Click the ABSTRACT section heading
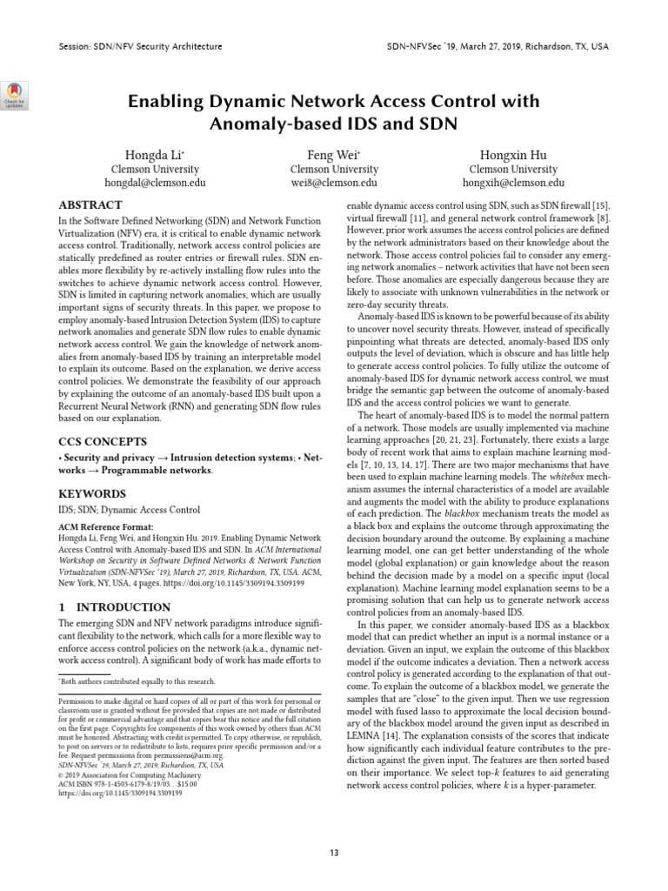click(90, 204)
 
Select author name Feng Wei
click(333, 155)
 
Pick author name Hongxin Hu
click(513, 155)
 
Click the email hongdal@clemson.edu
click(155, 184)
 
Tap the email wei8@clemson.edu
click(333, 184)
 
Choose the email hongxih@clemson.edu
click(513, 184)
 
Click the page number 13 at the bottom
click(334, 852)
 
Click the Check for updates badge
click(17, 93)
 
